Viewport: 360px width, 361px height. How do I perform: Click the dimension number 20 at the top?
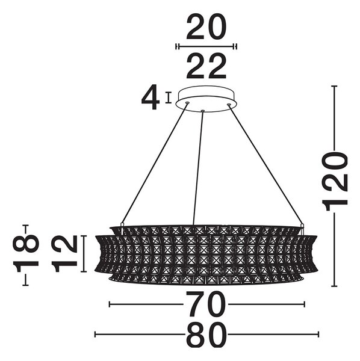(206, 26)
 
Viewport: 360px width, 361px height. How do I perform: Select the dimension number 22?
(206, 66)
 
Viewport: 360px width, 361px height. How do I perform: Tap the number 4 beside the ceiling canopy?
(151, 97)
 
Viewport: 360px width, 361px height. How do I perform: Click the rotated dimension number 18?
(26, 254)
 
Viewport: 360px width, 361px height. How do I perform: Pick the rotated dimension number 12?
(64, 254)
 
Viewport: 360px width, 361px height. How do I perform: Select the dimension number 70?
(206, 304)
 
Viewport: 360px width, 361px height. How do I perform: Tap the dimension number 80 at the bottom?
(206, 334)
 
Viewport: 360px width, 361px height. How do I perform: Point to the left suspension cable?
(155, 163)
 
